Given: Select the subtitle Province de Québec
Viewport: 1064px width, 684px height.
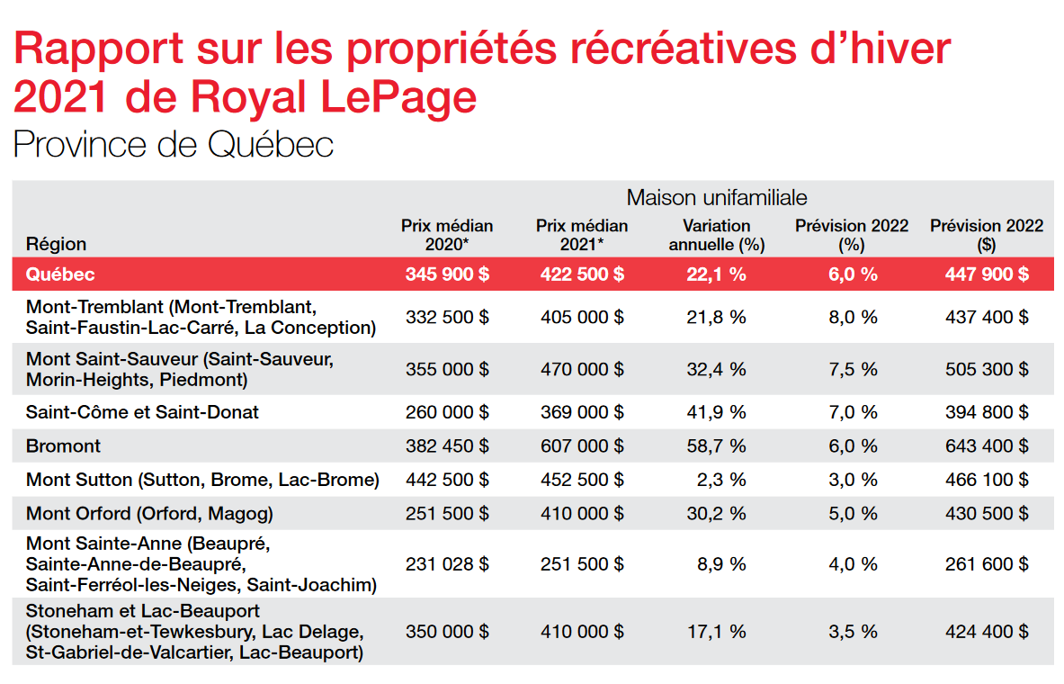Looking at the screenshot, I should click(x=174, y=144).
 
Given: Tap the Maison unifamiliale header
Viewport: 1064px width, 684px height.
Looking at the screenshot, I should click(x=717, y=197).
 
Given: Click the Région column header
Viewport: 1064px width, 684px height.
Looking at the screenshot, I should click(x=57, y=244).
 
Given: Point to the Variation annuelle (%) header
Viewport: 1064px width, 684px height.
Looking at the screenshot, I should click(x=716, y=235).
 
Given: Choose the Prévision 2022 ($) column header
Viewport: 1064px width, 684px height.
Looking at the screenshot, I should click(x=987, y=235).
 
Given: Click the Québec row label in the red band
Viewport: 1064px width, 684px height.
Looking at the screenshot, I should click(x=60, y=274).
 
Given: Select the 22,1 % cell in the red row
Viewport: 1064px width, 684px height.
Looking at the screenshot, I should click(x=716, y=274).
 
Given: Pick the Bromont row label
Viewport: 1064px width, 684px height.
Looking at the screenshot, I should click(x=63, y=445).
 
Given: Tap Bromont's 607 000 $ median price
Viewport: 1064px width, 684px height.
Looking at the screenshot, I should click(x=582, y=445).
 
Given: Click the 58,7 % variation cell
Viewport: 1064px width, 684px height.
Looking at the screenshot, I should click(x=716, y=445).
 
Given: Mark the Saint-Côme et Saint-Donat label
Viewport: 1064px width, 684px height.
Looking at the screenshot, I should click(x=142, y=412).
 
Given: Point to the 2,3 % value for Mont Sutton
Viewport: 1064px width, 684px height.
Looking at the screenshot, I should click(x=721, y=480).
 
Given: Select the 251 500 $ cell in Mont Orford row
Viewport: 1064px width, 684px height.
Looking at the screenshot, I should click(x=447, y=514).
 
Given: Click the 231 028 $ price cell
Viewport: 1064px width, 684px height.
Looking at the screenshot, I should click(x=447, y=564).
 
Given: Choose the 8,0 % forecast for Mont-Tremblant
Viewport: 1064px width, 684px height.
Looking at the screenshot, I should click(x=853, y=317).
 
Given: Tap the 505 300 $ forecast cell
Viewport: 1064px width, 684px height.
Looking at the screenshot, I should click(x=987, y=369).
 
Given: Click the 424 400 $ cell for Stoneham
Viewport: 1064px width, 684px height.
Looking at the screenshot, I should click(x=987, y=632).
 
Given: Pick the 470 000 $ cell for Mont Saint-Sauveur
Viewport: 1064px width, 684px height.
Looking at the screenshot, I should click(x=582, y=369).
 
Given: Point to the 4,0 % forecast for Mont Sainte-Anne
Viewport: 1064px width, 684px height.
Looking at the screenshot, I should click(x=853, y=564).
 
